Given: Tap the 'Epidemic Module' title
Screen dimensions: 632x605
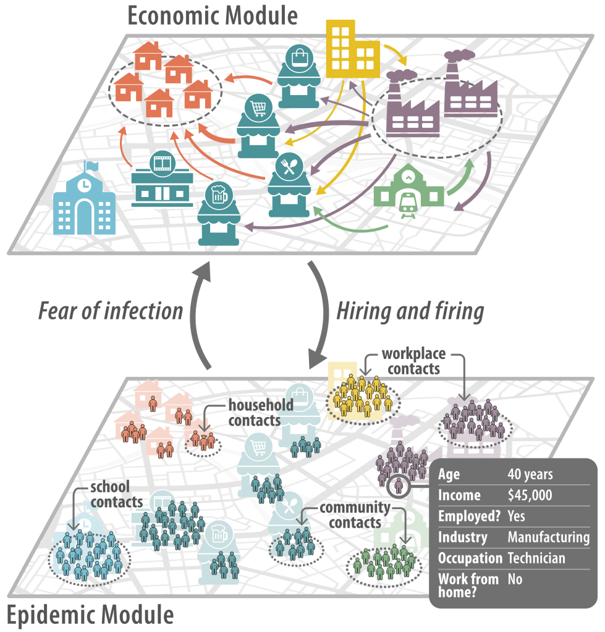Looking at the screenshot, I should pyautogui.click(x=90, y=615).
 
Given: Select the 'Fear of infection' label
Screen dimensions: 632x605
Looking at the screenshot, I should pyautogui.click(x=111, y=311).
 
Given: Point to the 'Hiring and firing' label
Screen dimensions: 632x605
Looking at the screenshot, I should pyautogui.click(x=410, y=311).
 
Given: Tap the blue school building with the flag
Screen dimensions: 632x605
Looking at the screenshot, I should pyautogui.click(x=84, y=201).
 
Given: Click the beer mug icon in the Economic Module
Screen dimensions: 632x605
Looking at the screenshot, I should pyautogui.click(x=217, y=196).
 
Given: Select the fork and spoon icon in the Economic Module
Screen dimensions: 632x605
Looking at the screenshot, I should pyautogui.click(x=288, y=165).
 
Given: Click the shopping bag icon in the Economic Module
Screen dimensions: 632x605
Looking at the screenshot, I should pyautogui.click(x=297, y=58).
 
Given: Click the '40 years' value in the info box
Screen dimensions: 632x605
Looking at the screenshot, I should pyautogui.click(x=530, y=474).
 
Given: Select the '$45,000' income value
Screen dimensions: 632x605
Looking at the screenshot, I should pyautogui.click(x=530, y=495).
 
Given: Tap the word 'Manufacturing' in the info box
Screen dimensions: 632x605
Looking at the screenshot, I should pyautogui.click(x=548, y=537).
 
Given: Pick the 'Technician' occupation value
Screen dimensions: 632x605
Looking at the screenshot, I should pyautogui.click(x=536, y=558).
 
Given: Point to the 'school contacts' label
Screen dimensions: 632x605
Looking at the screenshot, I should pyautogui.click(x=117, y=493).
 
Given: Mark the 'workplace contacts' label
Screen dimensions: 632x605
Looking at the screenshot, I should pyautogui.click(x=410, y=361).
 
